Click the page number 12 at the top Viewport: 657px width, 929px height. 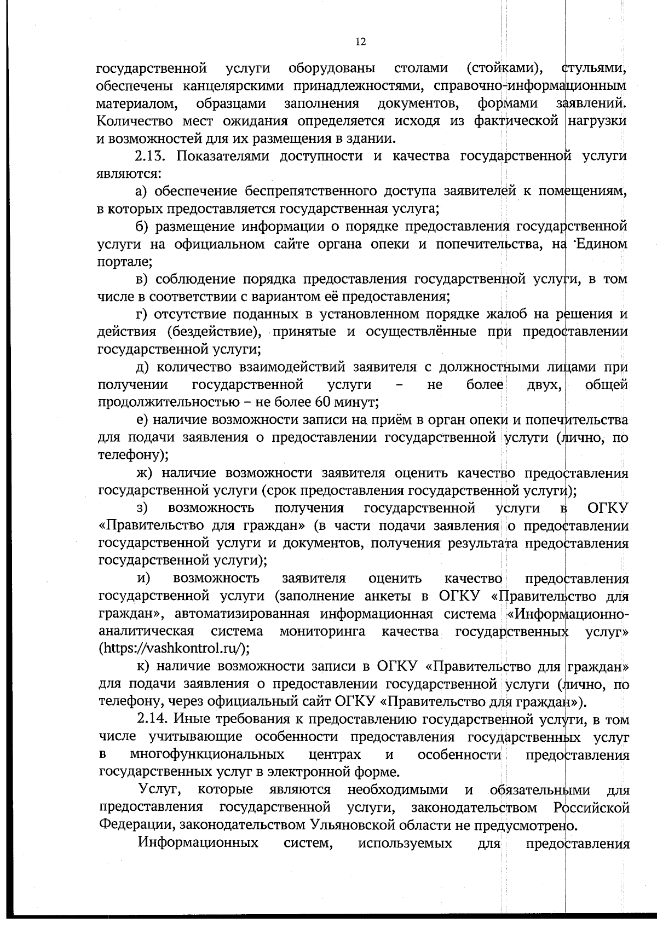coord(360,42)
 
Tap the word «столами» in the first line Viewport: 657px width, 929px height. coord(420,68)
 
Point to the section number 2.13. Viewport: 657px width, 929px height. coord(154,156)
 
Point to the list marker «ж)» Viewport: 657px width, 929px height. coord(145,472)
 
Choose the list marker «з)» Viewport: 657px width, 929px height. coord(142,508)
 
